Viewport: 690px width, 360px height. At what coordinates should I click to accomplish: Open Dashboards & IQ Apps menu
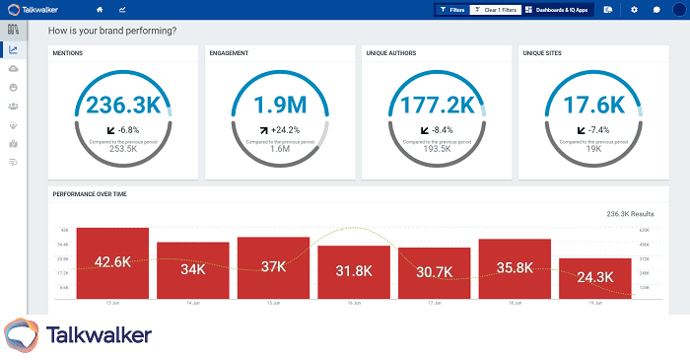pyautogui.click(x=559, y=9)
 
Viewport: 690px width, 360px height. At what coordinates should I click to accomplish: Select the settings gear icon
pyautogui.click(x=634, y=9)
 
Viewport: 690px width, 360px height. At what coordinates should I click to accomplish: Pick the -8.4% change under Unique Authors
pyautogui.click(x=437, y=129)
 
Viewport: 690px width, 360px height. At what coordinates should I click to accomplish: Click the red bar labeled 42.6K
pyautogui.click(x=112, y=262)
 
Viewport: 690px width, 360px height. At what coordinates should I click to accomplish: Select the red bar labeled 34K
pyautogui.click(x=192, y=268)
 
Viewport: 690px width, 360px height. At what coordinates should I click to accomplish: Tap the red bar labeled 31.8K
pyautogui.click(x=354, y=271)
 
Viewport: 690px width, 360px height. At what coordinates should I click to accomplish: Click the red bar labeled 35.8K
pyautogui.click(x=515, y=267)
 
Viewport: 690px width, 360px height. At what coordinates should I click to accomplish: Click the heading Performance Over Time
pyautogui.click(x=90, y=194)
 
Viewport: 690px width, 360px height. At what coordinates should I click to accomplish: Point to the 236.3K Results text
pyautogui.click(x=632, y=213)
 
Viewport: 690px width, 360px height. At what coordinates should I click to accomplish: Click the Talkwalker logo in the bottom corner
pyautogui.click(x=79, y=335)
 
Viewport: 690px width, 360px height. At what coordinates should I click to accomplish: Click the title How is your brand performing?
pyautogui.click(x=112, y=31)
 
